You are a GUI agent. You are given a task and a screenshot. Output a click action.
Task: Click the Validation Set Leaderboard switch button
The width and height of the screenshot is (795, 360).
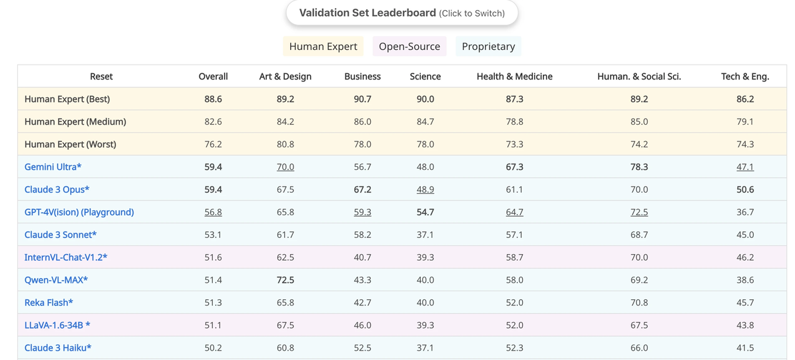point(402,13)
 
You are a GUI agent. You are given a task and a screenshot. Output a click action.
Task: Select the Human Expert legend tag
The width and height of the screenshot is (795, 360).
point(323,47)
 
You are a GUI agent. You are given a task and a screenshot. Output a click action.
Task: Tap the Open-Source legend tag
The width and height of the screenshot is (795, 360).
point(410,47)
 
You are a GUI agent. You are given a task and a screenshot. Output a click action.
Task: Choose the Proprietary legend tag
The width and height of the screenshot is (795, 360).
point(488,47)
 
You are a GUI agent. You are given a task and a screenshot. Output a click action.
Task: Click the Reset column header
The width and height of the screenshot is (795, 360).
point(101,77)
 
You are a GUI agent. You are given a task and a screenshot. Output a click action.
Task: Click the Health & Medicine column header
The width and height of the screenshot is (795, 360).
point(515,77)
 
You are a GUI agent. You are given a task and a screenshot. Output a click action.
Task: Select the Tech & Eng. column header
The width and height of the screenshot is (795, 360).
point(746,77)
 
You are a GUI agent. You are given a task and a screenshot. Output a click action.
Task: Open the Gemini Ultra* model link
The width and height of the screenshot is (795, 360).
point(53,167)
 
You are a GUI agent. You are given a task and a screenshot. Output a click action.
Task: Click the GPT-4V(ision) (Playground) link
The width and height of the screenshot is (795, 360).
point(79,212)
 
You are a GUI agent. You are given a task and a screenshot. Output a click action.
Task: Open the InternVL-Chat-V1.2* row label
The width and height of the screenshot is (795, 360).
point(66,257)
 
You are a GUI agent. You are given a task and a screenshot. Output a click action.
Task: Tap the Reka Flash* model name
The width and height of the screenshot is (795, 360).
point(49,302)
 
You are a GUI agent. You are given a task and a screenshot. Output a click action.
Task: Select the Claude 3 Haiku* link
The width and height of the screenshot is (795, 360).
point(58,347)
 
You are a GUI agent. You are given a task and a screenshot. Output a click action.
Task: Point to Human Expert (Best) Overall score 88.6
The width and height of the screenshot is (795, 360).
point(213,99)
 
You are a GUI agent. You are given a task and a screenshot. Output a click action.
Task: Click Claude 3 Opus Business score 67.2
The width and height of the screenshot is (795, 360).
point(363,189)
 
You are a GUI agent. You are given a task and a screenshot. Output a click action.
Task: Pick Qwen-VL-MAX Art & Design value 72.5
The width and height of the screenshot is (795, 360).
point(285,279)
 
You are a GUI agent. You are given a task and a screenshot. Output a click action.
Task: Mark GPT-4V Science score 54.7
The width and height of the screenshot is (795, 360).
point(426,212)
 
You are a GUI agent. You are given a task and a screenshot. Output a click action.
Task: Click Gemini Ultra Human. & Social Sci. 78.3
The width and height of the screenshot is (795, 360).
point(640,167)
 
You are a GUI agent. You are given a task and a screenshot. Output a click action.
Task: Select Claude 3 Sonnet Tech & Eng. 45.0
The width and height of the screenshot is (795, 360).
point(746,234)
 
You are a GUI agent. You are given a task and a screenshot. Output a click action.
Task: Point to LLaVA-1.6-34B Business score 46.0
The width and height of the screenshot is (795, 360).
point(363,325)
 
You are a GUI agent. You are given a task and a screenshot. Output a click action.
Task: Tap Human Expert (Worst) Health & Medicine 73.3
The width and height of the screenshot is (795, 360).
point(515,144)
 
